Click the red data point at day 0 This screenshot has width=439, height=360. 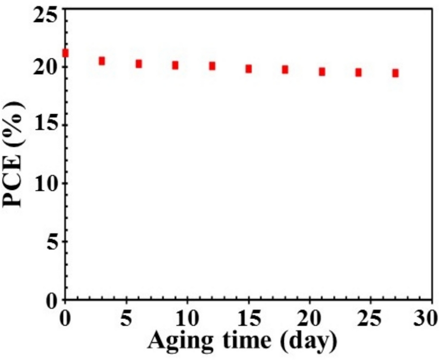[x=65, y=53]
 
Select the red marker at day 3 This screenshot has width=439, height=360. [x=102, y=61]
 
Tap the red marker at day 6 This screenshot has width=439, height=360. [x=138, y=64]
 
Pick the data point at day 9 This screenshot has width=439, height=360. [x=175, y=65]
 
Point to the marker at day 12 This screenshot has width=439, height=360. [x=212, y=66]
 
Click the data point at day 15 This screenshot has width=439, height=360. [x=248, y=69]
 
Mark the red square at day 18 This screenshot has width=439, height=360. [x=285, y=69]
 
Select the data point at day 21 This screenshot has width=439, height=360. [x=322, y=72]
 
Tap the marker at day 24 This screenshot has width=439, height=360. [x=358, y=72]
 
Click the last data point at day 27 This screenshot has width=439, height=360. [x=395, y=73]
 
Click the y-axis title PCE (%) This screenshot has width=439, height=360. [x=13, y=154]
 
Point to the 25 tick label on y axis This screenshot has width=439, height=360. [x=45, y=14]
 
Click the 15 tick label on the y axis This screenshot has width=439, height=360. [x=45, y=125]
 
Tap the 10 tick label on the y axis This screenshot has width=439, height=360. [x=45, y=183]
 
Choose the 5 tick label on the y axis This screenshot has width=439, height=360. [x=52, y=241]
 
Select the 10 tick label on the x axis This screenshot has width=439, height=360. [x=187, y=318]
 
